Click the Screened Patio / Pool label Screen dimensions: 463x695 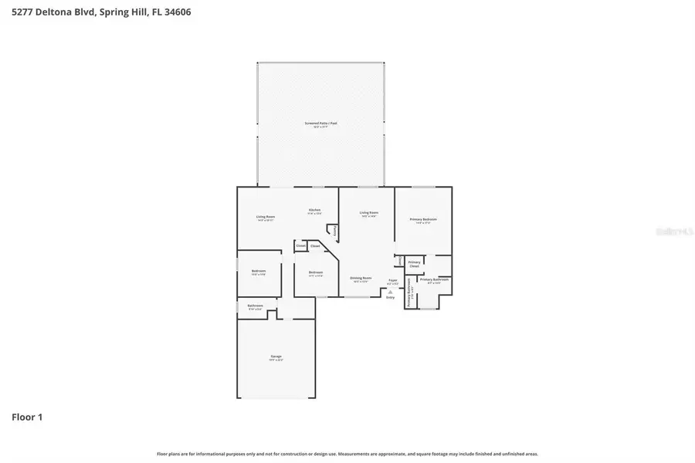[x=320, y=123]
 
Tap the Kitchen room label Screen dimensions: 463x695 [x=315, y=210]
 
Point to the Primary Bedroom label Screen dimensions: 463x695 [x=423, y=219]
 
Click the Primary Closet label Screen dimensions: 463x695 [x=415, y=264]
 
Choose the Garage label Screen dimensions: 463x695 [x=276, y=357]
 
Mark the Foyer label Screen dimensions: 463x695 [x=392, y=280]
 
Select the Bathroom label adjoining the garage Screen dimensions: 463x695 [x=256, y=306]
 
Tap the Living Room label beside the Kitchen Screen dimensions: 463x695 [x=266, y=217]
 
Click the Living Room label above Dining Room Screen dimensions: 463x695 [x=369, y=212]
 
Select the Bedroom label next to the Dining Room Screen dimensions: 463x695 [x=316, y=272]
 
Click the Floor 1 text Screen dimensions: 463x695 [x=27, y=417]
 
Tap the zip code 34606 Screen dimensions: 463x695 [x=177, y=12]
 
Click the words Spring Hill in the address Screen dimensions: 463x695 [x=120, y=12]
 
